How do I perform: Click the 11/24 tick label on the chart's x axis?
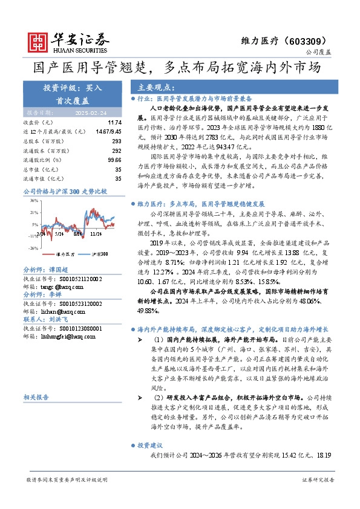point(96,233)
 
